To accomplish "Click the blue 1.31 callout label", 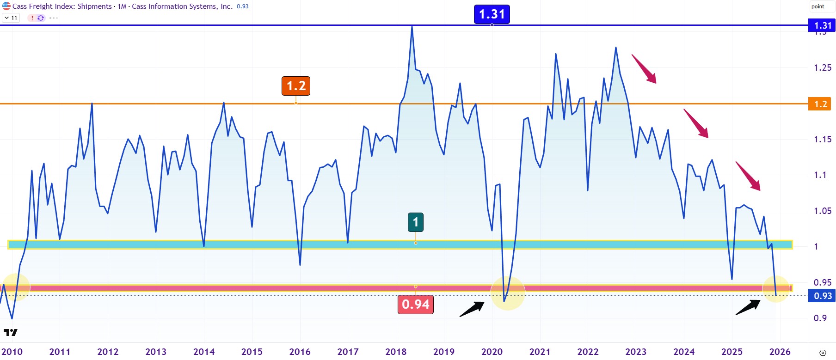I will [492, 14].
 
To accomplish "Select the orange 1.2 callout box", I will [296, 86].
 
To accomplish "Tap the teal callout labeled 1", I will [415, 222].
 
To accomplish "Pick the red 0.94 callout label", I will [415, 305].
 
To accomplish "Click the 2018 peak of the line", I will [412, 27].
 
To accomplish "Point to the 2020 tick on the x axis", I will [492, 352].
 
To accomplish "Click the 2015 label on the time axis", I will [252, 352].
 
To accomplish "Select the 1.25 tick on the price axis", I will [822, 68].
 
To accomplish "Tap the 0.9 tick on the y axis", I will [820, 318].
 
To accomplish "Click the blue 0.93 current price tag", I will [822, 296].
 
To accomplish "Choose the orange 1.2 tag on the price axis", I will [820, 104].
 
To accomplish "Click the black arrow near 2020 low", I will [472, 309].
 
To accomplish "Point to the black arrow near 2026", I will [748, 307].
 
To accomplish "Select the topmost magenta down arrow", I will [644, 69].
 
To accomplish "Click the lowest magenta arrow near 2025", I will [748, 176].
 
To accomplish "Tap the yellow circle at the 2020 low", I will [507, 293].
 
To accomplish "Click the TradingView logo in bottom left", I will [10, 332].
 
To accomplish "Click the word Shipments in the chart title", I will [94, 6].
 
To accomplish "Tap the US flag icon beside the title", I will [6, 6].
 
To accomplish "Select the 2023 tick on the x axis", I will [636, 352].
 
